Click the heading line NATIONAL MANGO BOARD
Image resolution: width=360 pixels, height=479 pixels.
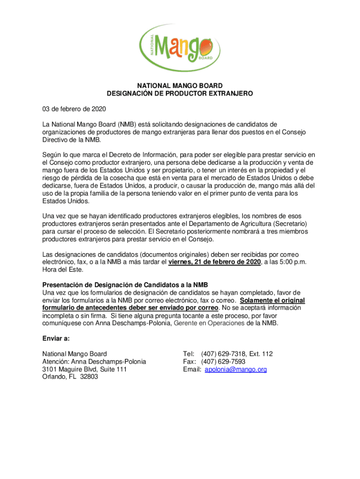[x=180, y=86]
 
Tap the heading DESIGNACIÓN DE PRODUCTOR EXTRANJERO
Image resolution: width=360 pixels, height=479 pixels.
[x=180, y=94]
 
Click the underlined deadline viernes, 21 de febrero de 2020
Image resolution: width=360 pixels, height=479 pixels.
[x=214, y=262]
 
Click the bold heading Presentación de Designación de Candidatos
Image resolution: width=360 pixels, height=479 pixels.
[x=125, y=285]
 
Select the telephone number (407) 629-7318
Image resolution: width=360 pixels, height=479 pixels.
[x=222, y=354]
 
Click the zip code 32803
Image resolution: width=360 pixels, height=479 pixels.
[x=89, y=377]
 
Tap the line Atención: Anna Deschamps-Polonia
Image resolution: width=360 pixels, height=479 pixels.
[x=94, y=362]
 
